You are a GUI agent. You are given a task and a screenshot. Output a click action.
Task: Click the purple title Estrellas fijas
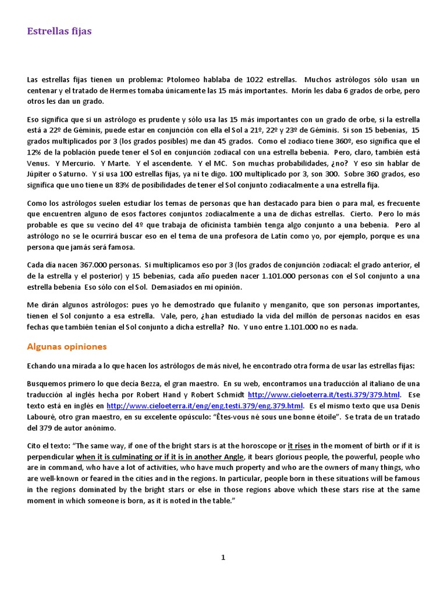[x=59, y=31]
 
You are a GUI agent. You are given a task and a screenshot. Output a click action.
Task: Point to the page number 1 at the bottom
[x=223, y=558]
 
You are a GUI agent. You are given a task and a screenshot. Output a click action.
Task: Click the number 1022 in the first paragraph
[x=257, y=79]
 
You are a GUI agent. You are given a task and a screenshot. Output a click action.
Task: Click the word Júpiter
[x=39, y=174]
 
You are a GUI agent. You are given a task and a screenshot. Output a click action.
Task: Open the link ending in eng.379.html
[x=205, y=406]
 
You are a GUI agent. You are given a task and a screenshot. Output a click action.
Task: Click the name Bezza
[x=146, y=384]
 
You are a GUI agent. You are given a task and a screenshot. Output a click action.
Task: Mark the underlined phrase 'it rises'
[x=301, y=446]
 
